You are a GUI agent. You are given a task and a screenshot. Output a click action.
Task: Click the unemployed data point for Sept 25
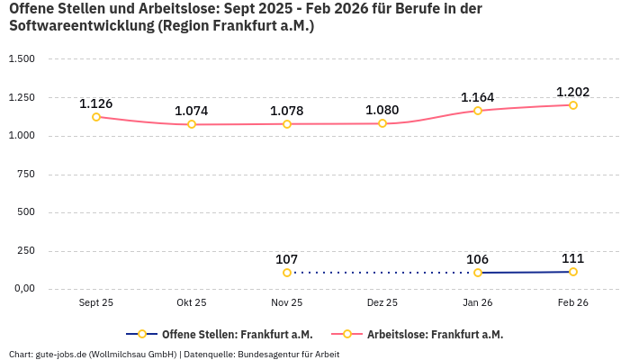tap(96, 117)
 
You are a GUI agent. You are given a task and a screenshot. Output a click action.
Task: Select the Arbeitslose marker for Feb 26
tap(573, 105)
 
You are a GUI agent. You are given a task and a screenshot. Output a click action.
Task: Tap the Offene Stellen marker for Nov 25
tap(287, 273)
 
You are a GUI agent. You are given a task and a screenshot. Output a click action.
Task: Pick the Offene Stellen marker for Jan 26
tap(478, 273)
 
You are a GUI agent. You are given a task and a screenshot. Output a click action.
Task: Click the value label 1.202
tap(572, 92)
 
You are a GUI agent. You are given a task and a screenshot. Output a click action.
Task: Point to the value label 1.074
tap(191, 111)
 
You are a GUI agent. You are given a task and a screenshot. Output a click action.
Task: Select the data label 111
tap(572, 258)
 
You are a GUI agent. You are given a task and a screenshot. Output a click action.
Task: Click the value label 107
tap(287, 259)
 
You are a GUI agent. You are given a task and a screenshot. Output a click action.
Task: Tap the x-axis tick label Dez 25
tap(382, 303)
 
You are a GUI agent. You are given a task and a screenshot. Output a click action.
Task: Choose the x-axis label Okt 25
tap(191, 303)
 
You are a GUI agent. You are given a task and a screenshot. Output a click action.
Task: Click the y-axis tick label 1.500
tap(21, 59)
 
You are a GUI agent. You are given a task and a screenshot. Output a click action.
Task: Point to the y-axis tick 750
tap(26, 175)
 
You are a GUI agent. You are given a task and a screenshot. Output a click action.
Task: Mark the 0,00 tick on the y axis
tap(22, 289)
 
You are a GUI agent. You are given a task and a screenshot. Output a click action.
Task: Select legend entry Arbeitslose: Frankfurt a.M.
tap(435, 334)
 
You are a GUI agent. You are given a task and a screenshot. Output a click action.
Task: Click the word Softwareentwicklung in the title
tap(80, 25)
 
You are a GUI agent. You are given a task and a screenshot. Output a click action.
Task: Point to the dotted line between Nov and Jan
tap(382, 273)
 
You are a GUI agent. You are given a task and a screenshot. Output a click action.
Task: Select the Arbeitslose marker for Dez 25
tap(382, 123)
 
